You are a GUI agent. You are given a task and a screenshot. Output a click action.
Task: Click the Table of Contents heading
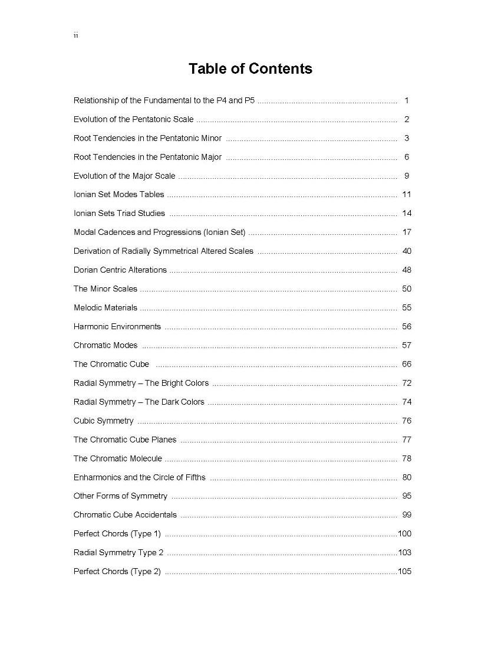pyautogui.click(x=250, y=68)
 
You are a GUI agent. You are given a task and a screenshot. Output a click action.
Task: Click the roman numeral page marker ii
pyautogui.click(x=75, y=35)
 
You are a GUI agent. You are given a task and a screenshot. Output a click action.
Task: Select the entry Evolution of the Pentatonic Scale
pyautogui.click(x=133, y=119)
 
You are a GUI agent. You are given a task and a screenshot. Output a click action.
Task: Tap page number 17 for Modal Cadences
pyautogui.click(x=407, y=232)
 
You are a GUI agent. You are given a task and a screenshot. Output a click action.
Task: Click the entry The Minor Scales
pyautogui.click(x=105, y=289)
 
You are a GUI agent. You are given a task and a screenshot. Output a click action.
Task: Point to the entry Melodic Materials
pyautogui.click(x=105, y=307)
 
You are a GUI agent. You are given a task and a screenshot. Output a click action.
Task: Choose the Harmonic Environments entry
pyautogui.click(x=117, y=326)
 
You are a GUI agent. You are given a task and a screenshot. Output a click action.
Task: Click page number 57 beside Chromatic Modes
pyautogui.click(x=407, y=345)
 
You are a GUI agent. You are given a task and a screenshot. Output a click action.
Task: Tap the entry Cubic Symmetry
pyautogui.click(x=103, y=421)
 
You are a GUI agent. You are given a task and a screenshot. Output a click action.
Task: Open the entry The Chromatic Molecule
pyautogui.click(x=117, y=458)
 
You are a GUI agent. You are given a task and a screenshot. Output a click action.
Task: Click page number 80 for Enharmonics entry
pyautogui.click(x=407, y=477)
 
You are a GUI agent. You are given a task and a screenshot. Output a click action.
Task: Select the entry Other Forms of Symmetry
pyautogui.click(x=120, y=496)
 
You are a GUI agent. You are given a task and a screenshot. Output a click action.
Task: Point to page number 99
pyautogui.click(x=407, y=515)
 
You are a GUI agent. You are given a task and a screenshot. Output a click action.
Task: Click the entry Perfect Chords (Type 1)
pyautogui.click(x=117, y=534)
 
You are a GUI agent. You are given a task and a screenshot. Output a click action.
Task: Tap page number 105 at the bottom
pyautogui.click(x=405, y=572)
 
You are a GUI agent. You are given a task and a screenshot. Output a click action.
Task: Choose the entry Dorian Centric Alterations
pyautogui.click(x=120, y=270)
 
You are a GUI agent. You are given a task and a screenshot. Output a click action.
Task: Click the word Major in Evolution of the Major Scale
pyautogui.click(x=143, y=176)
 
